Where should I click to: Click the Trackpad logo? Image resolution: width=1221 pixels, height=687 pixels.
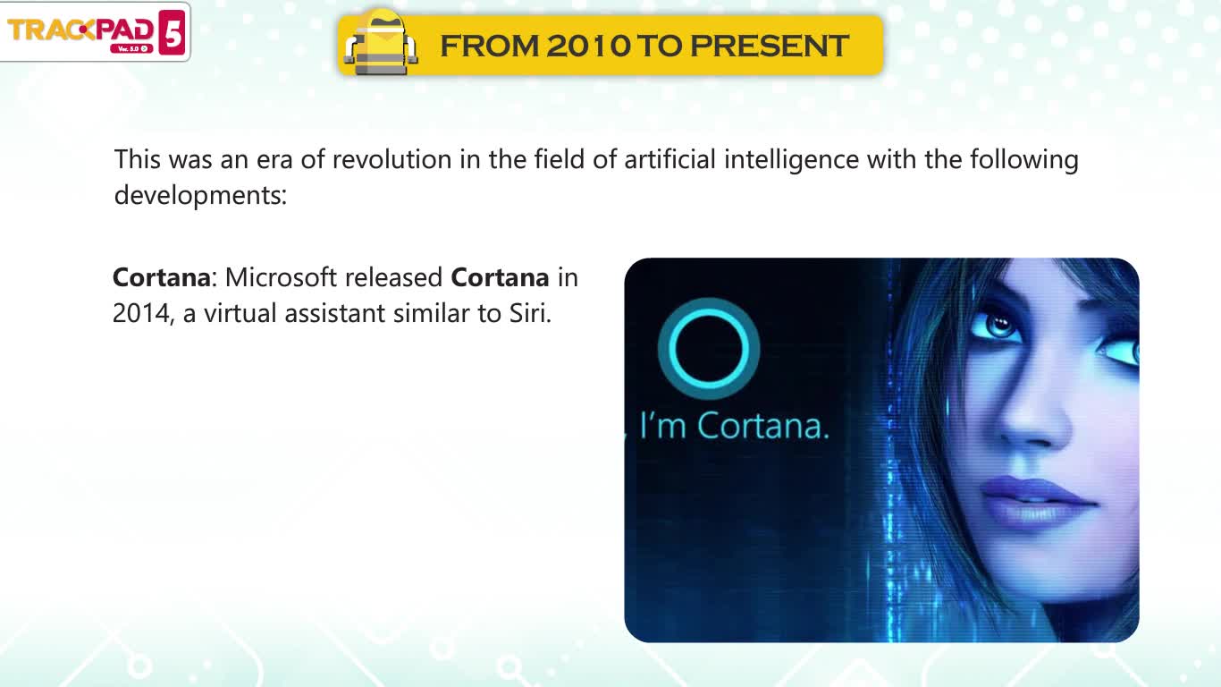pos(96,32)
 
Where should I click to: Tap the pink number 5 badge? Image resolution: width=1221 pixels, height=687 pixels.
pos(172,32)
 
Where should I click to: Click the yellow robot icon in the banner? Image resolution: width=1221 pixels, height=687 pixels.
pos(381,43)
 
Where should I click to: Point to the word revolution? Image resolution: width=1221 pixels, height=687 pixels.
pos(392,159)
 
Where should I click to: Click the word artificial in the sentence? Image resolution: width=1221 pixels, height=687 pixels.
pos(669,159)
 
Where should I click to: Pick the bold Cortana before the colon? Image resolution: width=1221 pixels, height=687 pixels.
pos(162,277)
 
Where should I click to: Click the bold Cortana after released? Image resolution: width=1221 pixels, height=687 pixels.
pos(500,277)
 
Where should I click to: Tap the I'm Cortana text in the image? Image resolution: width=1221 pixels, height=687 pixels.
pos(734,425)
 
